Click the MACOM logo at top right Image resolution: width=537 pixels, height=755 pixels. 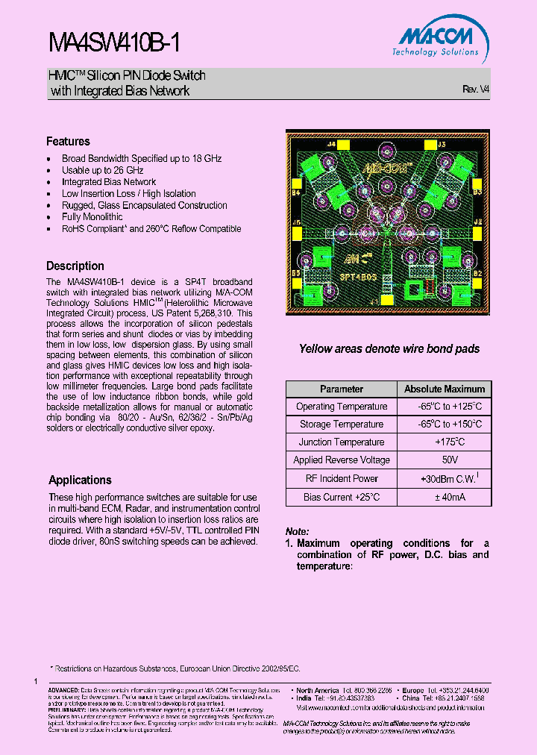[x=441, y=41]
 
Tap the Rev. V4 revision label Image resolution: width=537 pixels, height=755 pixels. [x=476, y=89]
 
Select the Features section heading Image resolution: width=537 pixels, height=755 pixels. [x=68, y=142]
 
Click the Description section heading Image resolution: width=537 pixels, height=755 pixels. [x=75, y=266]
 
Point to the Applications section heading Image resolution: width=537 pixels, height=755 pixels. [x=80, y=480]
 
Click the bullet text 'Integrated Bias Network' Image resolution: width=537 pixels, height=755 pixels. [x=109, y=182]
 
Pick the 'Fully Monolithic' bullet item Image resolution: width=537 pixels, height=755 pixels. [x=92, y=217]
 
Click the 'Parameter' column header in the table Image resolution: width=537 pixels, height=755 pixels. [x=342, y=389]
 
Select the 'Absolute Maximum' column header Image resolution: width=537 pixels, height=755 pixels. [x=445, y=389]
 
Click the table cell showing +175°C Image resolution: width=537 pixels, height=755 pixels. [x=445, y=442]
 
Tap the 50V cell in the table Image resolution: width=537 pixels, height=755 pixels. [x=445, y=460]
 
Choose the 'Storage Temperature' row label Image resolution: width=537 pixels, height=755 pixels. [x=342, y=425]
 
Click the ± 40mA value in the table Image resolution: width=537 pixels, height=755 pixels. [x=445, y=497]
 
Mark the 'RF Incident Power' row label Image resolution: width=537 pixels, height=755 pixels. [x=342, y=479]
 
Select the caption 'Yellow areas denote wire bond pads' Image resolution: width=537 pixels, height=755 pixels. [x=389, y=349]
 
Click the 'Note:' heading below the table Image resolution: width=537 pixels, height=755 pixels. [x=298, y=532]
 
